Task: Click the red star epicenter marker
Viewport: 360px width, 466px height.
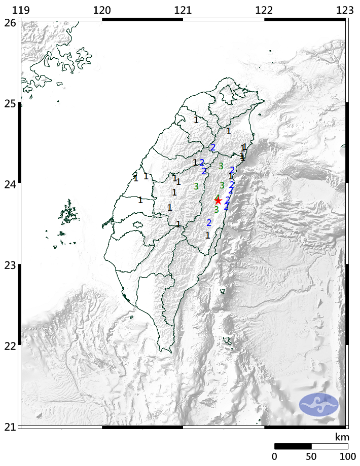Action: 218,201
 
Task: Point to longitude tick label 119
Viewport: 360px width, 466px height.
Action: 21,11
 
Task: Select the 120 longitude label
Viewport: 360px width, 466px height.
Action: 102,11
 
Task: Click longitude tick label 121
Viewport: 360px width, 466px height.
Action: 183,11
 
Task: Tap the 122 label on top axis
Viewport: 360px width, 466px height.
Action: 264,11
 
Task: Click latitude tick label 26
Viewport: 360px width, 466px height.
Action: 9,22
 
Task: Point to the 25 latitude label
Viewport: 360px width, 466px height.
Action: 9,103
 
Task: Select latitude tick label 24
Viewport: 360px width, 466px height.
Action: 9,184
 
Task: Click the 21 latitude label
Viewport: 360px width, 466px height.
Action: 9,426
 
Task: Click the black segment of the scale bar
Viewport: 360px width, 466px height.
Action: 293,446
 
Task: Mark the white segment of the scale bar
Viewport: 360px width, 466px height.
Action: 329,446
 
